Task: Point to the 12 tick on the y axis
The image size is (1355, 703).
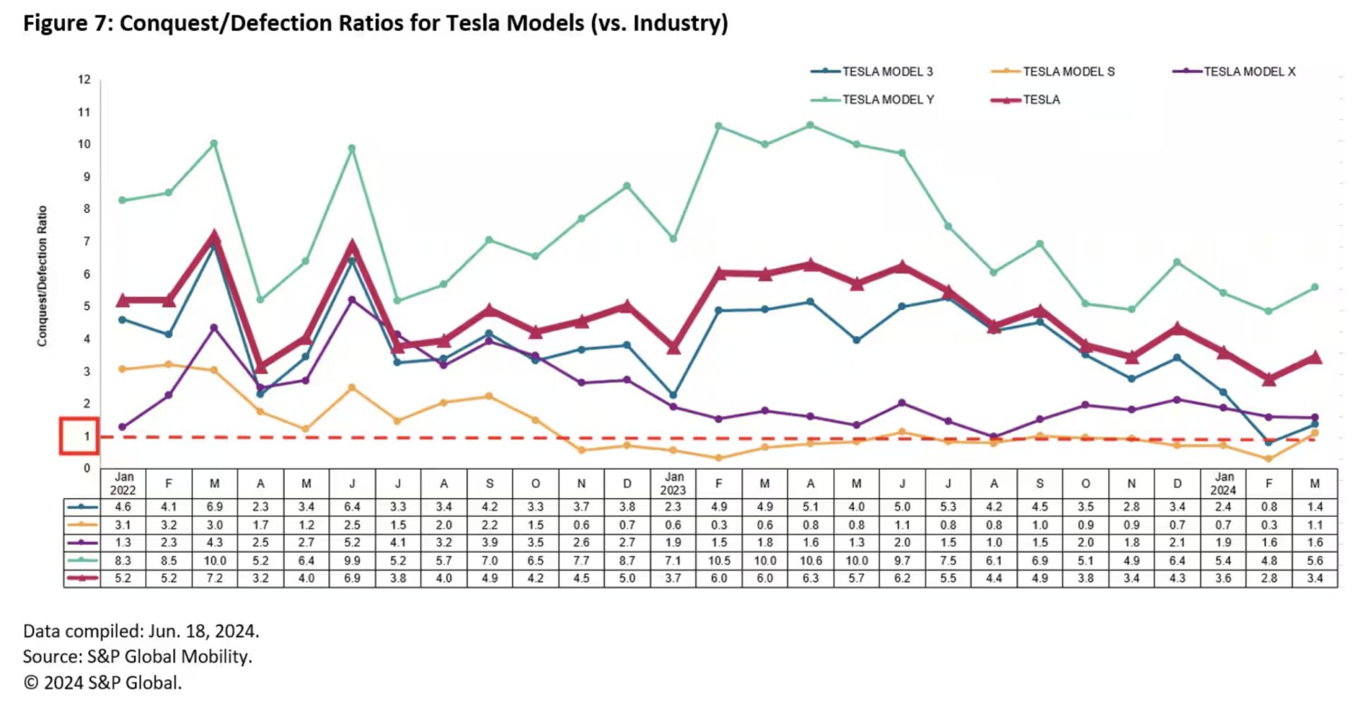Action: [x=85, y=79]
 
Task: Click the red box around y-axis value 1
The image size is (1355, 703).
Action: [x=79, y=436]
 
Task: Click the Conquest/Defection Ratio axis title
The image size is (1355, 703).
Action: [x=42, y=276]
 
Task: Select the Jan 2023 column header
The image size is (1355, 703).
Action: [x=673, y=483]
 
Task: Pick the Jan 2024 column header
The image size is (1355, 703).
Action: [x=1223, y=483]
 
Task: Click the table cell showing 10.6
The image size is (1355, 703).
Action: [x=810, y=560]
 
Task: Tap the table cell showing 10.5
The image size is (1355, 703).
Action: [x=718, y=560]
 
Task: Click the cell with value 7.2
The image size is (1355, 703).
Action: [x=215, y=578]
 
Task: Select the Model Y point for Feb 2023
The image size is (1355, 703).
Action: [x=718, y=126]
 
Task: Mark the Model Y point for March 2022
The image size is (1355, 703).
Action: [x=214, y=143]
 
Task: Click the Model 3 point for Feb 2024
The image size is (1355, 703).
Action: [x=1269, y=443]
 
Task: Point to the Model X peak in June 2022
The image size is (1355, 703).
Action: [x=352, y=299]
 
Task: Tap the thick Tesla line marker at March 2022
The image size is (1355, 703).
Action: [x=215, y=236]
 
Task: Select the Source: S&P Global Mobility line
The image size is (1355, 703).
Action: [x=137, y=656]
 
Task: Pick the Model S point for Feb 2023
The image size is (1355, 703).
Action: [x=718, y=458]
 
